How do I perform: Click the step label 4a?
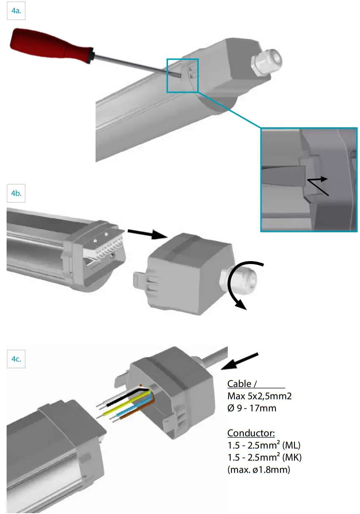(16, 12)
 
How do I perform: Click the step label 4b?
(16, 193)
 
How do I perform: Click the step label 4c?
(16, 359)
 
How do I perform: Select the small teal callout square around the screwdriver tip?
(182, 75)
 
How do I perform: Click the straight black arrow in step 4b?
(146, 234)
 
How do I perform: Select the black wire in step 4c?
(119, 397)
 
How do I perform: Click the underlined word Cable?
(239, 384)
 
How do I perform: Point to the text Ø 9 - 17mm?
(252, 408)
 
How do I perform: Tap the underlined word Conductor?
(251, 433)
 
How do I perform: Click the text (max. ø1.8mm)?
(259, 469)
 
